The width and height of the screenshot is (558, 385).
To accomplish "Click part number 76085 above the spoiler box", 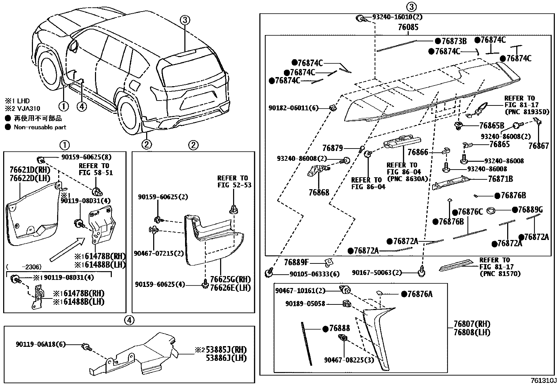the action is tap(408, 27).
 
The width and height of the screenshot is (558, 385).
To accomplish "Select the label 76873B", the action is tap(454, 41).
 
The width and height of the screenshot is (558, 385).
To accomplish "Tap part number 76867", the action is tap(539, 146).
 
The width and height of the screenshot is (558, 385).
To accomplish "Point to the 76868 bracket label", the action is tap(319, 192).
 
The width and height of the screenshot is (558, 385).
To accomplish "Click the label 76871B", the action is tap(501, 179).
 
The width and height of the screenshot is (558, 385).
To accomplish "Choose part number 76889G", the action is tap(530, 210).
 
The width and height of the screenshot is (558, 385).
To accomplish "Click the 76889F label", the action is tap(297, 262).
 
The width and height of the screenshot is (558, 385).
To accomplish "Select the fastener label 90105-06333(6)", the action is tap(315, 274).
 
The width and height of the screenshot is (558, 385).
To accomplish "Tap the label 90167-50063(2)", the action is tap(377, 273).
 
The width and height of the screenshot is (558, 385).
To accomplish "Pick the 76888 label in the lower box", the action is tap(340, 328).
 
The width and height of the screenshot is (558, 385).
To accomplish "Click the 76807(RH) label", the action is tap(472, 324).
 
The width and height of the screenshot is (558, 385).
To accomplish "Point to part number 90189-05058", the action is tap(305, 304).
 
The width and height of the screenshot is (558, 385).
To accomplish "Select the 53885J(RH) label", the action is tap(226, 350).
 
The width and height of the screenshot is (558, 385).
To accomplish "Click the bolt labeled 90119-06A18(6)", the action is tap(87, 346).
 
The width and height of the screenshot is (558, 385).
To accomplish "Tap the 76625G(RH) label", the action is tap(230, 279).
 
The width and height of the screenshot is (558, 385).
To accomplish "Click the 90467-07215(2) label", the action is tap(159, 253).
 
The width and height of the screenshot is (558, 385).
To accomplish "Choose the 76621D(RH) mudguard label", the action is tap(30, 170).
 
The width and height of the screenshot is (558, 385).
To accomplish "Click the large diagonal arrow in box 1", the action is tap(68, 249).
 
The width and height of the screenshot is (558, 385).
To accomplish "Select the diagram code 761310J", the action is tap(543, 380).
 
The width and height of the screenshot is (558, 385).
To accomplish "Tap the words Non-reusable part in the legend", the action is tap(40, 127).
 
